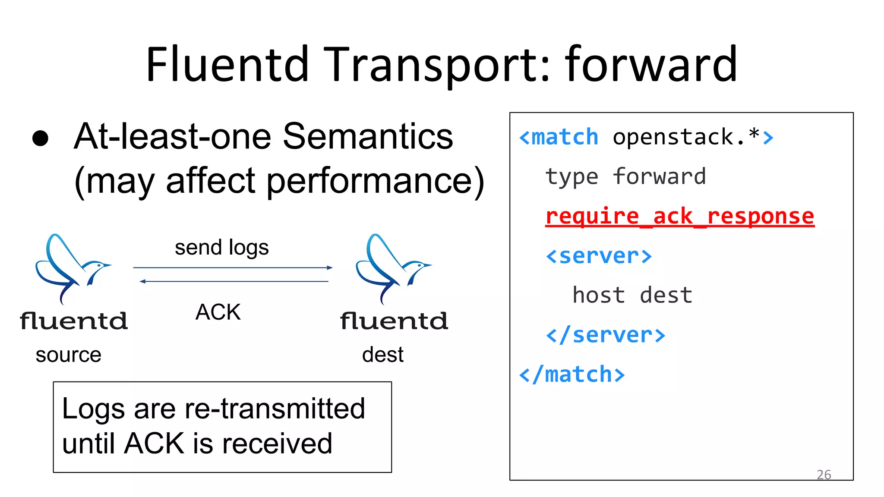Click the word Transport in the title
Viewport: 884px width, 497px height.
pyautogui.click(x=436, y=65)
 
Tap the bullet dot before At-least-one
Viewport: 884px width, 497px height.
pyautogui.click(x=41, y=138)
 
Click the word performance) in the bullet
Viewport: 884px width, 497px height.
pyautogui.click(x=375, y=181)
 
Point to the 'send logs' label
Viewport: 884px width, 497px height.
pyautogui.click(x=221, y=248)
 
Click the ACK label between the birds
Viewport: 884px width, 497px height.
pyautogui.click(x=218, y=312)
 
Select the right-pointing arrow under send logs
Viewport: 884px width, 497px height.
pyautogui.click(x=233, y=267)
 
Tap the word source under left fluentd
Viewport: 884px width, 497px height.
pyautogui.click(x=68, y=355)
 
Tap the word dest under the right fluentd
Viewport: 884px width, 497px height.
pyautogui.click(x=383, y=355)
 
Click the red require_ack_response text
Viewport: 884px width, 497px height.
pyautogui.click(x=680, y=216)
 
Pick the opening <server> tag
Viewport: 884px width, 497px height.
pyautogui.click(x=599, y=256)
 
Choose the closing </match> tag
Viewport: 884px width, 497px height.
pyautogui.click(x=572, y=374)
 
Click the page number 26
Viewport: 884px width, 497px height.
pyautogui.click(x=824, y=475)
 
